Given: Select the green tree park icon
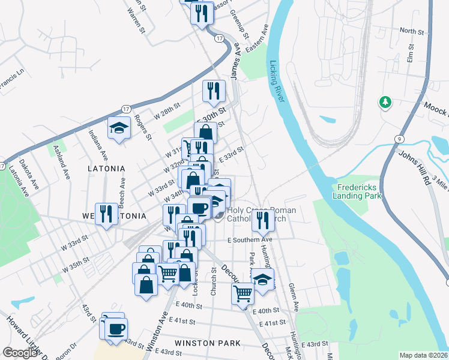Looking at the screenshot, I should point(385,103).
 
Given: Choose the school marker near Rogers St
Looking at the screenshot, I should point(119,128).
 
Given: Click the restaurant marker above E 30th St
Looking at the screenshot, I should point(214,91).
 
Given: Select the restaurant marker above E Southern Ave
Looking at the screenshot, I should point(262,221).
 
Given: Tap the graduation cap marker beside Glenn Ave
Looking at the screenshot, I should point(262,278).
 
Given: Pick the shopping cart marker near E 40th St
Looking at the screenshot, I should point(243,294).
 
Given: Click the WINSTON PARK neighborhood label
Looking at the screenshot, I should point(207,343).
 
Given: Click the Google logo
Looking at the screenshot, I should point(20,353).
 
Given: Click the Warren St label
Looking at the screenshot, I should point(137,20).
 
